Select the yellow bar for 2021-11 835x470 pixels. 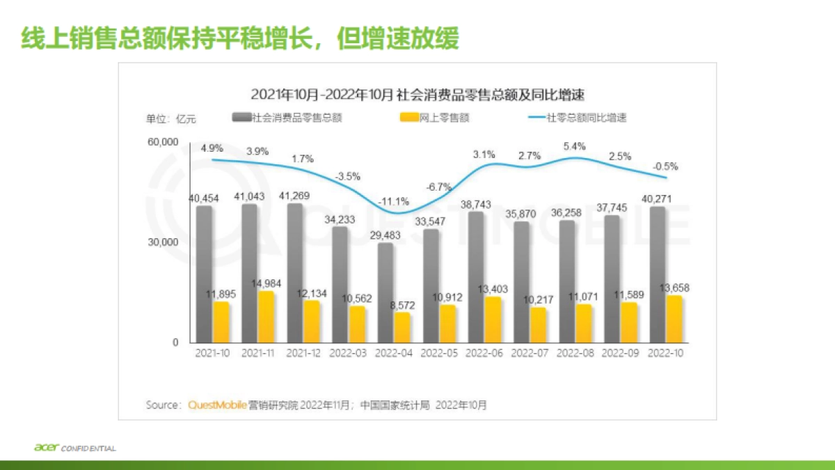pos(266,317)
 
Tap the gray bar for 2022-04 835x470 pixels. pos(385,292)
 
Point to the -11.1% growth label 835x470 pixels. pos(394,201)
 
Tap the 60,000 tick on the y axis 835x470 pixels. pos(163,142)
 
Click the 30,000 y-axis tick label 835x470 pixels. pos(163,242)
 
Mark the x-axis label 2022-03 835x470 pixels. pos(348,353)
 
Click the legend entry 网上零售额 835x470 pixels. pos(436,118)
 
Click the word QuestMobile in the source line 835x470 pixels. pos(218,405)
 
